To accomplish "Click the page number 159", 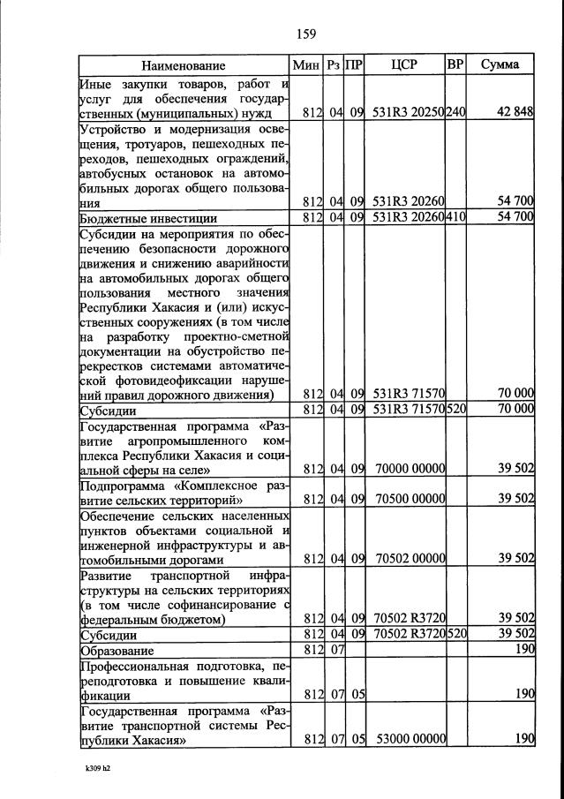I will point(306,34).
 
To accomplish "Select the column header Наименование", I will point(183,65).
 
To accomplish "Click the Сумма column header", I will point(500,65).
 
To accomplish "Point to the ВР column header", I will point(455,65).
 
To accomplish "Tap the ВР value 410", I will point(455,217).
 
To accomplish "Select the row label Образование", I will point(116,650).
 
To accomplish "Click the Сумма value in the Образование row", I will point(525,650).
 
